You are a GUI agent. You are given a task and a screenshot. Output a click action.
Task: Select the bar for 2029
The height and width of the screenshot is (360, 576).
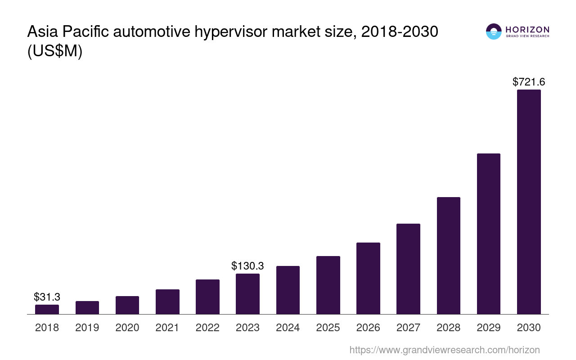[x=488, y=234]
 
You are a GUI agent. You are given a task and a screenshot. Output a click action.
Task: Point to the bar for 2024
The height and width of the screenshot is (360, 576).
[x=288, y=290]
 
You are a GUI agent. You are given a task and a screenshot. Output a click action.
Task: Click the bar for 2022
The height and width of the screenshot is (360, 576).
[x=207, y=297]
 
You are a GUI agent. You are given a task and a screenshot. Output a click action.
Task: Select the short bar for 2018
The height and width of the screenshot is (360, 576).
[x=47, y=309]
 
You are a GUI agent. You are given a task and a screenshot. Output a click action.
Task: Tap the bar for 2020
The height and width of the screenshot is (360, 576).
[x=127, y=305]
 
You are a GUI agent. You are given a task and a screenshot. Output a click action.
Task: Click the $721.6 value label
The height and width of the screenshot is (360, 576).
[x=529, y=82]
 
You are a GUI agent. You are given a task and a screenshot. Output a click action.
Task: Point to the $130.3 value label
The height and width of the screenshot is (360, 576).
[x=247, y=266]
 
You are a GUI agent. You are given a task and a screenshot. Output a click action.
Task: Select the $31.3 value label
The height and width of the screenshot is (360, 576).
[x=47, y=297]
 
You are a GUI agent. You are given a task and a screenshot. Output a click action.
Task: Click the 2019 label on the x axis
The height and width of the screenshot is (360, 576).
[x=87, y=328]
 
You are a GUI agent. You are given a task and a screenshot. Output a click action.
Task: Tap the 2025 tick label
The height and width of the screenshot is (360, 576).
[x=328, y=328]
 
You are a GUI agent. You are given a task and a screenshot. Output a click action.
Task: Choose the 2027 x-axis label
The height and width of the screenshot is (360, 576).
[x=408, y=328]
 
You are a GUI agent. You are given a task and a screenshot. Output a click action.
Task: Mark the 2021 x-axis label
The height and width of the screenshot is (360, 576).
[x=167, y=328]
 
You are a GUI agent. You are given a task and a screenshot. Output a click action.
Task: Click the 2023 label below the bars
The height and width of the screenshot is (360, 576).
[x=247, y=328]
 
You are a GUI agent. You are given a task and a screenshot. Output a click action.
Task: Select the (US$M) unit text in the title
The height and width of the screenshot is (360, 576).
[x=55, y=51]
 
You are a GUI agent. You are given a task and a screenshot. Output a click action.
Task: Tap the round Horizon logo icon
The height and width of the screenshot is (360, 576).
[x=494, y=31]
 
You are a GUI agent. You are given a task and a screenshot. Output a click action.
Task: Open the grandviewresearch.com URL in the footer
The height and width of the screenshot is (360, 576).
[x=444, y=350]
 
